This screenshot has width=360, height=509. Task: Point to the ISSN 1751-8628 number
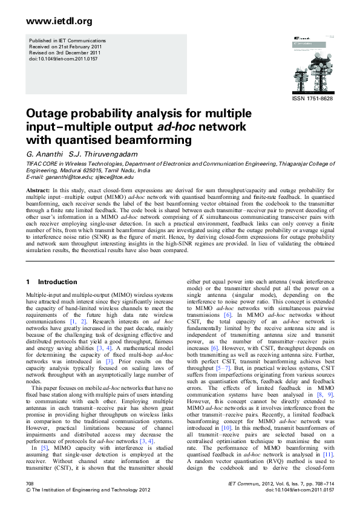tap(312, 99)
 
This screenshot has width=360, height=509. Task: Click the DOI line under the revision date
tap(63, 60)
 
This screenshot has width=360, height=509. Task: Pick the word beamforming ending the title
tap(146, 140)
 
